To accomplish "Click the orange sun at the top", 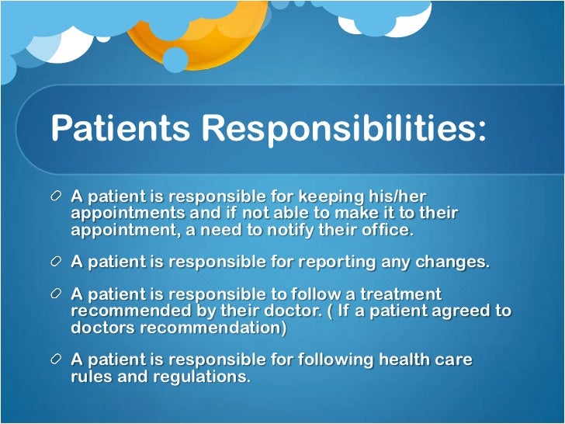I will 198,31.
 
